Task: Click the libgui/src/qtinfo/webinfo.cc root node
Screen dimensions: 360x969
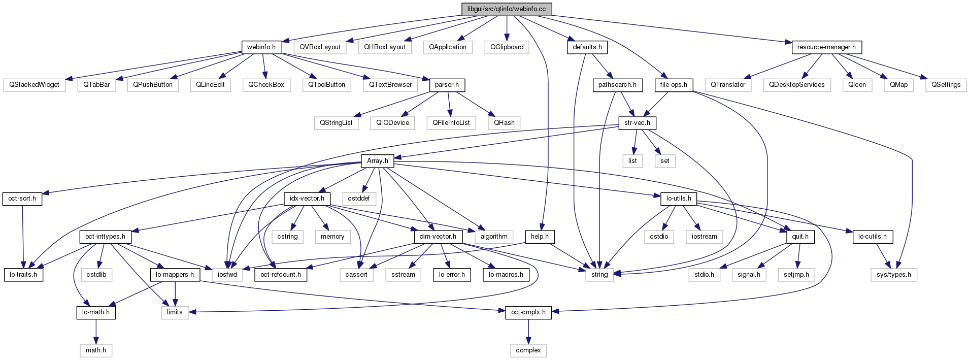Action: tap(506, 9)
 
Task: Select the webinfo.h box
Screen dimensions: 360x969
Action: tap(261, 47)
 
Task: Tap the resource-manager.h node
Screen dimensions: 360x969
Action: tap(826, 47)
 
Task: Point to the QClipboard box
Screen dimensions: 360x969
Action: tap(507, 47)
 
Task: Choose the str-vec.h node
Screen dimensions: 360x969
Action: tap(637, 123)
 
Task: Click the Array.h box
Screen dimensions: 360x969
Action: tap(377, 161)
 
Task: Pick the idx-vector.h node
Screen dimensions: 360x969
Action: tap(307, 199)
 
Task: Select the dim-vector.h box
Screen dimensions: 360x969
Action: tap(438, 237)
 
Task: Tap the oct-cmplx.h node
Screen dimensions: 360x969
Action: tap(528, 312)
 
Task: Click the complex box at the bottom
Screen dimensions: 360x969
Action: tap(528, 350)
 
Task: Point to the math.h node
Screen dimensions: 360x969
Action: tap(95, 350)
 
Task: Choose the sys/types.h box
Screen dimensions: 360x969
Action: tap(893, 275)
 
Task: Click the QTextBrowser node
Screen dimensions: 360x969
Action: tap(390, 85)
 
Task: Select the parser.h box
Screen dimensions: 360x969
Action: tap(447, 85)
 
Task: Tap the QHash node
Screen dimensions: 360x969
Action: tap(504, 123)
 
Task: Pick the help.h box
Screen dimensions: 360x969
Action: tap(540, 237)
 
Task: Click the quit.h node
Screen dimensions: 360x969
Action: tap(800, 237)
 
